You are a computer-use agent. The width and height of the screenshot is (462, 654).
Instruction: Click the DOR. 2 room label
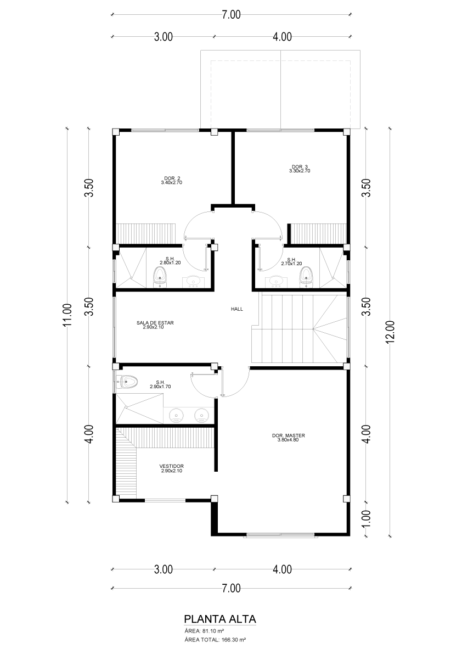click(172, 178)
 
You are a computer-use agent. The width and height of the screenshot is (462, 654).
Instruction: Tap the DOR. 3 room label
click(300, 167)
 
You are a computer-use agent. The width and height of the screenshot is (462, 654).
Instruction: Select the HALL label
click(237, 309)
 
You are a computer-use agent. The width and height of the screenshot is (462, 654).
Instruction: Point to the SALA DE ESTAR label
click(155, 323)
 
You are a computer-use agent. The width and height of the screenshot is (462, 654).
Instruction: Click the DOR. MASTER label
click(288, 435)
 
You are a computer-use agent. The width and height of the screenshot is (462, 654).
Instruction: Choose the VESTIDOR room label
click(171, 466)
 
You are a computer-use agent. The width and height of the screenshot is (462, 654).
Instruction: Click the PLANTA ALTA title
click(220, 618)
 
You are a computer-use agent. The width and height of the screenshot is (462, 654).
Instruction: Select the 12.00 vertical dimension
click(390, 332)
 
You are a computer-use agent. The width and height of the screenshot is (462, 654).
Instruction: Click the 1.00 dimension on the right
click(366, 518)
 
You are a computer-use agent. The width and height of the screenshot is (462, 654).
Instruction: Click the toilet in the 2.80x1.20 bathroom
click(160, 277)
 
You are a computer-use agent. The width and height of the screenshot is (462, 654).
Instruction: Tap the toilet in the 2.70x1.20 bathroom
click(306, 277)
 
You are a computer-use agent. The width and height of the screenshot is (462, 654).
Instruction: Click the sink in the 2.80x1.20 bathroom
click(193, 282)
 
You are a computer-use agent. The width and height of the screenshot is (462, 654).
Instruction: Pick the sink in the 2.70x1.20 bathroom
click(275, 282)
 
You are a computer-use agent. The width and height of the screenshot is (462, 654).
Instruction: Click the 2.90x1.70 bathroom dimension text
click(160, 387)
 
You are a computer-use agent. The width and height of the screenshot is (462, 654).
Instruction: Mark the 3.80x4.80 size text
click(288, 440)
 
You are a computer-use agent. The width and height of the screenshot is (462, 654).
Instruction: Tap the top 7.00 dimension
click(231, 15)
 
